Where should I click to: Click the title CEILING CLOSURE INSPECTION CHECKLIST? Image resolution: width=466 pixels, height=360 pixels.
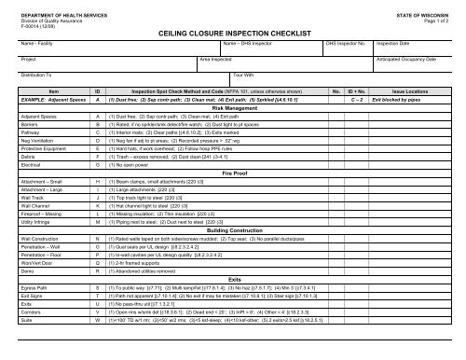pyautogui.click(x=233, y=31)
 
